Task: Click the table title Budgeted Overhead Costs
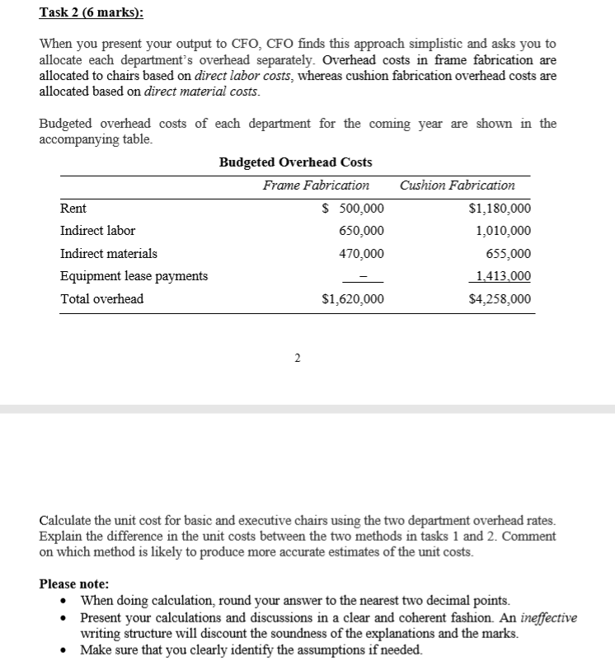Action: click(295, 162)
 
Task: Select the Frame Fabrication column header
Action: click(316, 185)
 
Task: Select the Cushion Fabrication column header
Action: click(457, 185)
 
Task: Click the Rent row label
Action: click(73, 209)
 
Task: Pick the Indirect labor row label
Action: click(97, 231)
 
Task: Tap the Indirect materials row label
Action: click(109, 253)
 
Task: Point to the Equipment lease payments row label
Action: click(134, 276)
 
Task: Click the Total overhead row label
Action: click(101, 298)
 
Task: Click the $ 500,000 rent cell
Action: click(352, 209)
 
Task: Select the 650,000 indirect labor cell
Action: click(361, 231)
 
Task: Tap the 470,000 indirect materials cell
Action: click(361, 254)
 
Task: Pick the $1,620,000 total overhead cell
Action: click(352, 299)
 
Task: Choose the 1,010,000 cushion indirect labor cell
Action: click(503, 231)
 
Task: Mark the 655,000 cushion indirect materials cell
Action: click(509, 254)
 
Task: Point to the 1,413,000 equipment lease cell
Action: click(503, 276)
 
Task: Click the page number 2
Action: click(298, 358)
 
